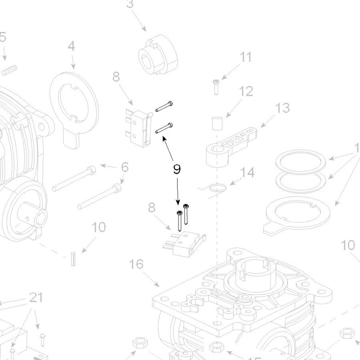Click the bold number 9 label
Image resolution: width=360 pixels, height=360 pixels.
point(177,169)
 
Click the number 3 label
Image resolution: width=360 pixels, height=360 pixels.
point(130,4)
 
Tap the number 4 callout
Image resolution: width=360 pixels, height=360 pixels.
point(71,46)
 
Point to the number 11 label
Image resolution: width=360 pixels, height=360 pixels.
point(245,57)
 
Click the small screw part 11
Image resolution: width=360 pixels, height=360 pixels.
point(216,86)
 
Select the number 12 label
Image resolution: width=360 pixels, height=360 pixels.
point(246,91)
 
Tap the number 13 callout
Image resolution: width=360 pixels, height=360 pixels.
point(283,108)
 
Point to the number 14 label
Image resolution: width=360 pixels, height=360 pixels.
point(247,172)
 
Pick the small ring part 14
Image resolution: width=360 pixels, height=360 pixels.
point(218,187)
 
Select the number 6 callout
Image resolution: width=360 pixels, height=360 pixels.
point(125,167)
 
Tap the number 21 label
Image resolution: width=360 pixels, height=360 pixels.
point(36,297)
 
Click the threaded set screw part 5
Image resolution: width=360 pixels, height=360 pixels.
point(9,70)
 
